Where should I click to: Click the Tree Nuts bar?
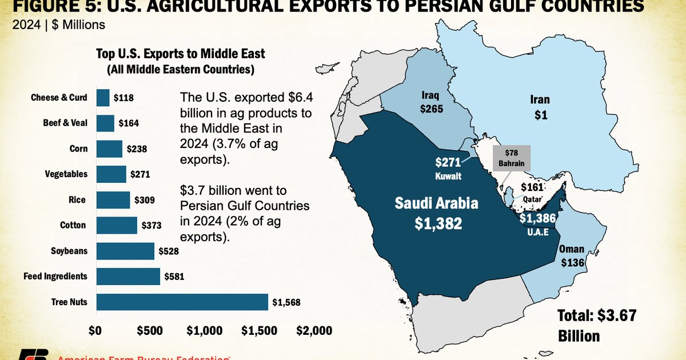tap(182, 302)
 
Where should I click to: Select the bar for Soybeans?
tap(125, 251)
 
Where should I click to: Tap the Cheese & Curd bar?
tap(103, 98)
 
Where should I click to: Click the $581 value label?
tap(173, 277)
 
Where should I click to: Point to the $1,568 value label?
tap(286, 302)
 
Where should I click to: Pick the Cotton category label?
tap(73, 225)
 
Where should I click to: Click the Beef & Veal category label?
tap(65, 123)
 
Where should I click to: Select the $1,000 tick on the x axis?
tap(204, 331)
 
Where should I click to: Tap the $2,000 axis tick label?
tap(313, 331)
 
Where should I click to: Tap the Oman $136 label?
tap(572, 256)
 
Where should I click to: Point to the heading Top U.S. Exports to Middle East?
tap(181, 54)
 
